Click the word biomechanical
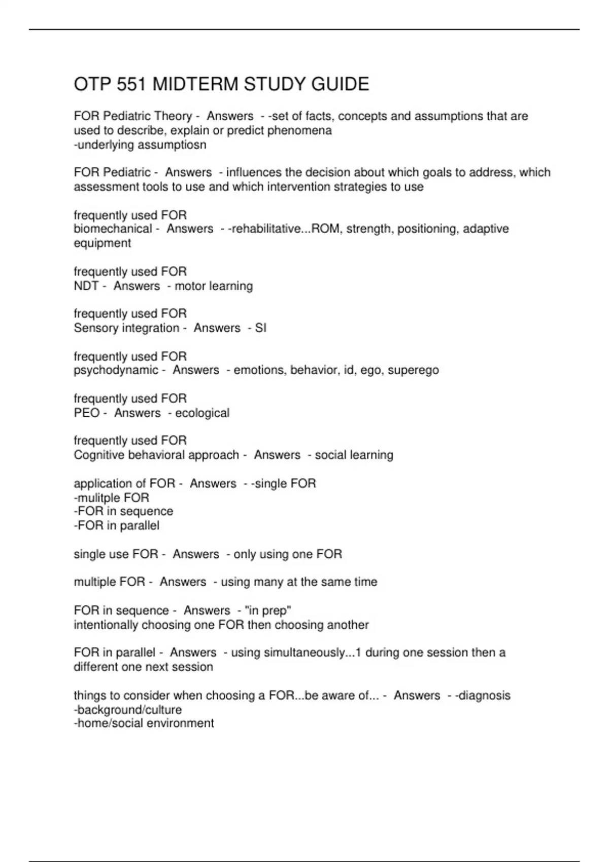click(113, 229)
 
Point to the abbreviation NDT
click(86, 286)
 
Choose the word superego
click(413, 370)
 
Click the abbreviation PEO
click(86, 413)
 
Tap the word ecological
click(202, 413)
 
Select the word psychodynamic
click(116, 370)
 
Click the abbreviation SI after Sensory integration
click(260, 328)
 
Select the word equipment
click(102, 243)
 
